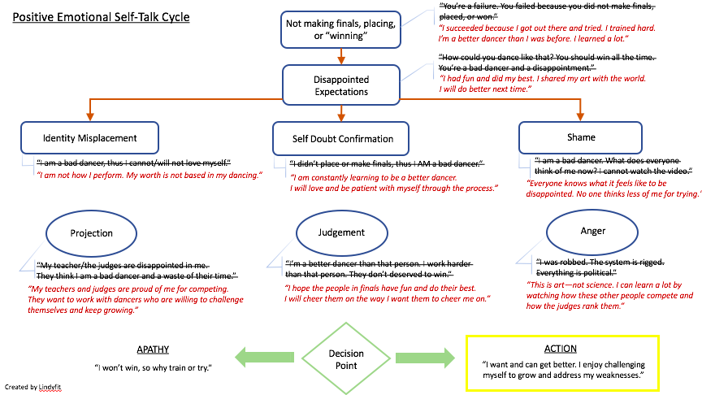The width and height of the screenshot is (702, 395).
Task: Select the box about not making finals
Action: coord(340,30)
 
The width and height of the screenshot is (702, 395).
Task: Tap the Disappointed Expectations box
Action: coord(340,85)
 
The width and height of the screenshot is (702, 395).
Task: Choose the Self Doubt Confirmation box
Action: coord(344,139)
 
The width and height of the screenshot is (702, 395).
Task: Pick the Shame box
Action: coord(581,137)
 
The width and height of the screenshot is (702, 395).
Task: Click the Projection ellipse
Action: coord(92,233)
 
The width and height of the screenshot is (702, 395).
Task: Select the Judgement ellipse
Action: coord(341,232)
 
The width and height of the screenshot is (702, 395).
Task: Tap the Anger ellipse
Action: coord(592,231)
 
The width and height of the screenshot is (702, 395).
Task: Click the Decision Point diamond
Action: coord(346,359)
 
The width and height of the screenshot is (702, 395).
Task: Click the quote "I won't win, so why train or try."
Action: coord(153,368)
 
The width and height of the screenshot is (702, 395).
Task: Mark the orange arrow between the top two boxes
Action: coord(341,57)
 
